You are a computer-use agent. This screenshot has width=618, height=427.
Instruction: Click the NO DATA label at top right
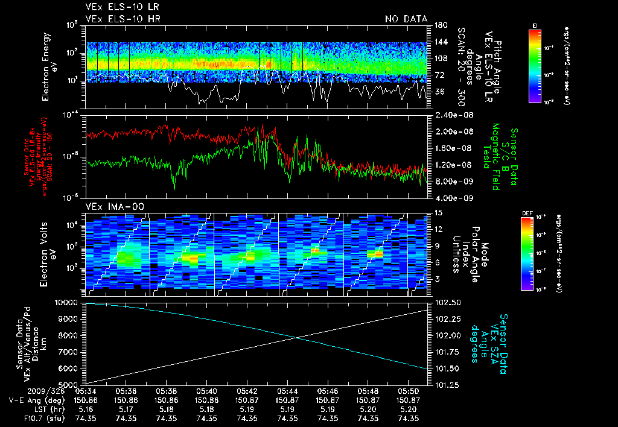[406, 19]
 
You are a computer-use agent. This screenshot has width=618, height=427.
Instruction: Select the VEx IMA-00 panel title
[115, 207]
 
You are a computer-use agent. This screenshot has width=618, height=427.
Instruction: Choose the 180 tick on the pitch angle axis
[436, 25]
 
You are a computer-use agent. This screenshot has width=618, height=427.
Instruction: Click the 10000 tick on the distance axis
[69, 302]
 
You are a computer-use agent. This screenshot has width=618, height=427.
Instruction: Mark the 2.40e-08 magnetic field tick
[450, 115]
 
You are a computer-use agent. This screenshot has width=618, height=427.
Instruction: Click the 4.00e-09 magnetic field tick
[450, 198]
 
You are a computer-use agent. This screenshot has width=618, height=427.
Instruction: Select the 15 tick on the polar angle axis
[435, 213]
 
